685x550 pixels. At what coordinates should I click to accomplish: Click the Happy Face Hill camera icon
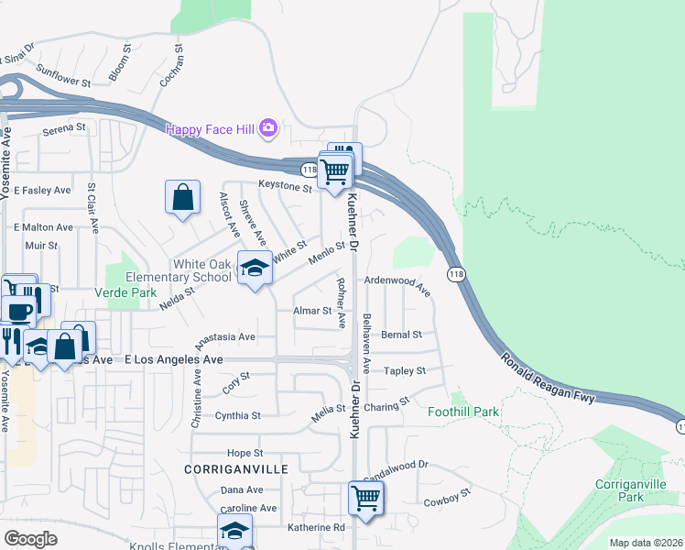268,128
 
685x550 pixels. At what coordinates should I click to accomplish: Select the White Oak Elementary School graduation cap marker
256,269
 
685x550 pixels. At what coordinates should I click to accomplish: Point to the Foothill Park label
463,412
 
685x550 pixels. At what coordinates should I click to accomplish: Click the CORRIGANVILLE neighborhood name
236,468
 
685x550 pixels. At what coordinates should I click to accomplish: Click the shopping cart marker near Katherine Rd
365,500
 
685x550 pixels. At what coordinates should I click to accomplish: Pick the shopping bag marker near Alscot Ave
183,197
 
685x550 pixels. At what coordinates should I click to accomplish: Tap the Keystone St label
285,186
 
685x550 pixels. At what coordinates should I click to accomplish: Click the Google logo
30,539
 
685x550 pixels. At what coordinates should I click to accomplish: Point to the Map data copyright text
646,543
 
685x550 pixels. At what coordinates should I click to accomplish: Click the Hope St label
245,453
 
